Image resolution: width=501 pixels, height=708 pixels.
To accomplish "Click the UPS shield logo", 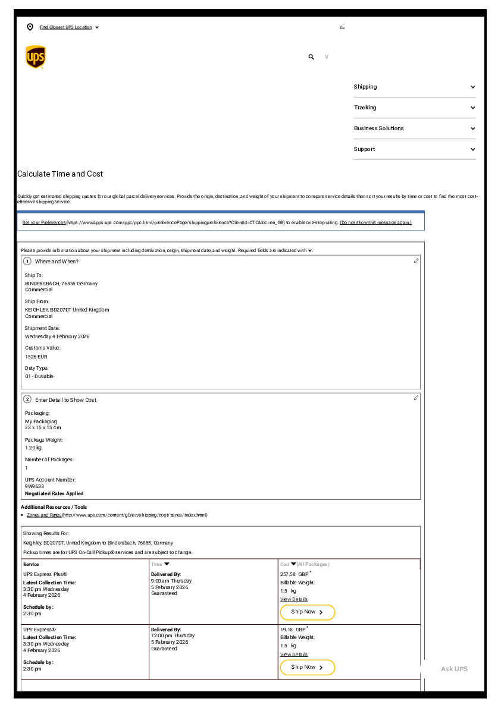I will (x=35, y=57).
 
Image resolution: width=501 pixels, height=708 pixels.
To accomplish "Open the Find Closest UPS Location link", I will (x=65, y=27).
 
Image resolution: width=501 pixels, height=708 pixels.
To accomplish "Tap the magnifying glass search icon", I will (x=311, y=57).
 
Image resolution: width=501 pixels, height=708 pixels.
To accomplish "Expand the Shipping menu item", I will (x=414, y=87).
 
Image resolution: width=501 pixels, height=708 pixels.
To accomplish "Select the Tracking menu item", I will (x=414, y=108).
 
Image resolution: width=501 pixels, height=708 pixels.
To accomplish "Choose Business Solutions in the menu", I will (x=414, y=128).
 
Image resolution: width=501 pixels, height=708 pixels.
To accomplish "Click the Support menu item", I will (x=414, y=149).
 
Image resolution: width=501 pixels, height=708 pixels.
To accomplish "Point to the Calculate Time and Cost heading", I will (x=60, y=174).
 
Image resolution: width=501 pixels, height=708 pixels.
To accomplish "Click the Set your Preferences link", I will (x=44, y=222).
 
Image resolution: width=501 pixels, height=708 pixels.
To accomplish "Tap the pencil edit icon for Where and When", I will (x=416, y=261).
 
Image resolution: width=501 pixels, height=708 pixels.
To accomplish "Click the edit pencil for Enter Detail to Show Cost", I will (x=416, y=398).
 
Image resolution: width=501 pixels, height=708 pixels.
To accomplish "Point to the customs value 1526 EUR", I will (x=36, y=357).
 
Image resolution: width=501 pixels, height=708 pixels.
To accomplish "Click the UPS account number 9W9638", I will (x=35, y=486).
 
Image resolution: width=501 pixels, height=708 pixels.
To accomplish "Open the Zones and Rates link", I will (x=44, y=515).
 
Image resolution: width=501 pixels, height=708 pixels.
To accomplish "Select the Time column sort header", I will (x=160, y=564).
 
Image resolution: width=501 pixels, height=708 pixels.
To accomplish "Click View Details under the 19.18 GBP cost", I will (x=294, y=654).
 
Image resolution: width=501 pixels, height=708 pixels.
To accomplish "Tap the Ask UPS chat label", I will (x=454, y=669).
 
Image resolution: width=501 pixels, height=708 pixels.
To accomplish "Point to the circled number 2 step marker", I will (x=27, y=399).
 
